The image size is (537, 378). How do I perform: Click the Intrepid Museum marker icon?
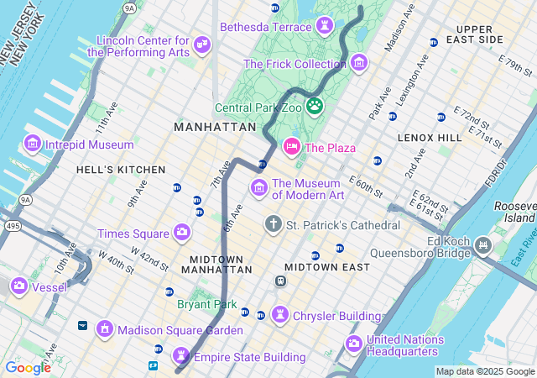tap(33, 144)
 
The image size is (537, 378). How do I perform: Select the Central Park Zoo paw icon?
tap(315, 107)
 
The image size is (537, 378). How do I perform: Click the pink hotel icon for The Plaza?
tap(292, 147)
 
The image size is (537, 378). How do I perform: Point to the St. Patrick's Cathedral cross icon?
tap(273, 224)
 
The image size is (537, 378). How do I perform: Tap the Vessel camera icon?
tap(18, 286)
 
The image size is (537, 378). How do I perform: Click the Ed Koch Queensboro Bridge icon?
tap(482, 245)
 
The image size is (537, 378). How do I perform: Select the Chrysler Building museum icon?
tap(279, 315)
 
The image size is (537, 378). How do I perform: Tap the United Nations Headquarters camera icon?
tap(353, 344)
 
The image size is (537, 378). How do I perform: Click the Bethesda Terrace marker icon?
tap(325, 27)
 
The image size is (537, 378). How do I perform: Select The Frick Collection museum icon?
tap(359, 63)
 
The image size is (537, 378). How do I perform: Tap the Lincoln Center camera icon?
tap(201, 44)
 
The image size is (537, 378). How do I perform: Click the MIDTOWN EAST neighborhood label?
tap(327, 267)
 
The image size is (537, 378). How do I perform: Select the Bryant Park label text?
tap(206, 304)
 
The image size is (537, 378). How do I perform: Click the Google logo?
tap(28, 367)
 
